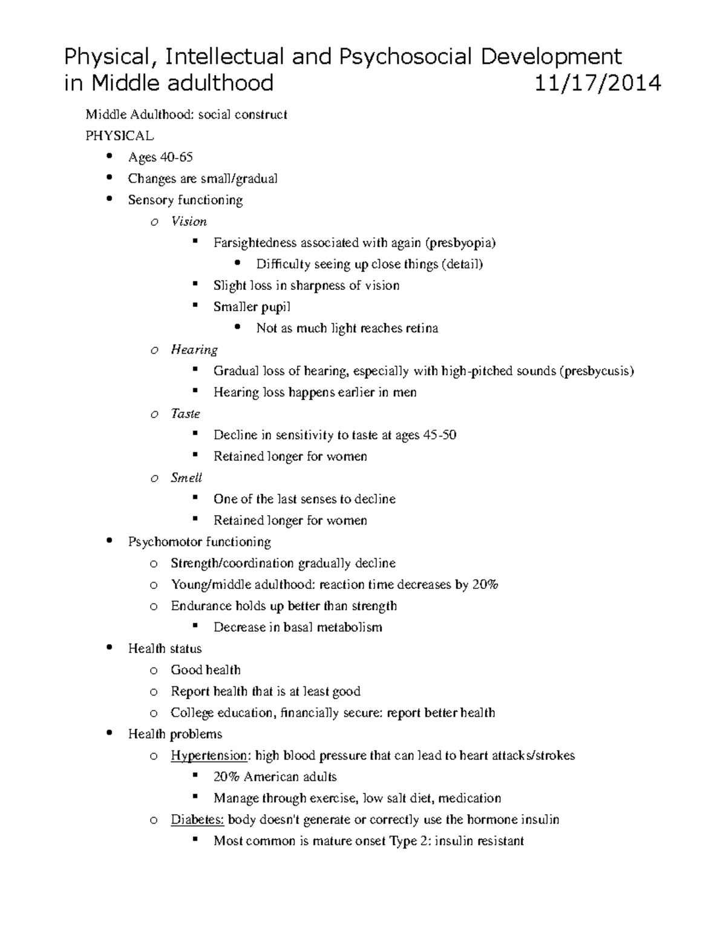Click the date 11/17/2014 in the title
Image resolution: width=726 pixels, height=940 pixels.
click(597, 82)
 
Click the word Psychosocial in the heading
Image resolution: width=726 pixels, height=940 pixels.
click(404, 56)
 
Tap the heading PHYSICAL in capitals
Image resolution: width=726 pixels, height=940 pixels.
click(120, 136)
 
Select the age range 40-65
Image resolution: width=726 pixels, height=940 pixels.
click(176, 157)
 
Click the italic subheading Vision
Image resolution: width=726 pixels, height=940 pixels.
click(189, 222)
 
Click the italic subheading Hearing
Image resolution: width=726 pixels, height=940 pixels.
click(194, 349)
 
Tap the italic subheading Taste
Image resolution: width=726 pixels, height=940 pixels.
click(185, 413)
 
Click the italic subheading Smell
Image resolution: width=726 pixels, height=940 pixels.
click(186, 478)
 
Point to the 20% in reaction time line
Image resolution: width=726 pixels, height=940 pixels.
click(485, 585)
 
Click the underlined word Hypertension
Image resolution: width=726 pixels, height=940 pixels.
click(209, 755)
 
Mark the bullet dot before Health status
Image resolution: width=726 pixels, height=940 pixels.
click(109, 648)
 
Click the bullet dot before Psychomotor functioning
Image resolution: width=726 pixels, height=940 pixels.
click(109, 541)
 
